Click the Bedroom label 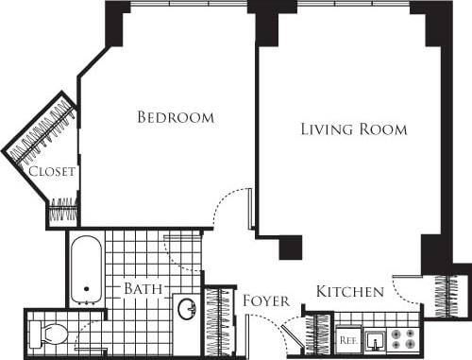tap(176, 118)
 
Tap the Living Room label tap(353, 129)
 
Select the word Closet tap(51, 172)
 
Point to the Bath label tap(143, 287)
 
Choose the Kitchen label tap(349, 291)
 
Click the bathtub tap(86, 269)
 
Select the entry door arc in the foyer tap(274, 327)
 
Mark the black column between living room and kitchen tap(290, 248)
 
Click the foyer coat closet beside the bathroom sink tap(219, 321)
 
